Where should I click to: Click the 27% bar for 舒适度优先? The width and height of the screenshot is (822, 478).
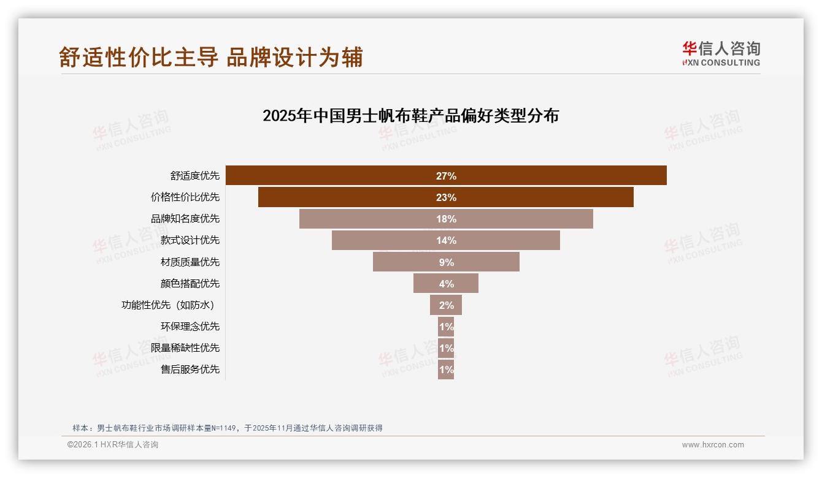(446, 176)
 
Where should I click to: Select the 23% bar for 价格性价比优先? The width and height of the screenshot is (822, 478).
(446, 197)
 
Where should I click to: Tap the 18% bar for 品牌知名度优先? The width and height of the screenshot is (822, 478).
(446, 219)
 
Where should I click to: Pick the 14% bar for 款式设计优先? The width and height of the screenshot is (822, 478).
(446, 240)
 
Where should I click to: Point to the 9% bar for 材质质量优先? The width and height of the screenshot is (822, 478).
(446, 262)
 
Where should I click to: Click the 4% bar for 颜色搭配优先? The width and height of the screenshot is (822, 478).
(446, 284)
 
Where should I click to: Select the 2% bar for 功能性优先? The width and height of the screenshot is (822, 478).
(446, 305)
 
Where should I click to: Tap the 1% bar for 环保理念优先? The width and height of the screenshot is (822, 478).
(446, 327)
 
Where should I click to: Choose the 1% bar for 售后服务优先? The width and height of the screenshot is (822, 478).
(446, 370)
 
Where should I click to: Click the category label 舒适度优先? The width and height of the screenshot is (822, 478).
(194, 176)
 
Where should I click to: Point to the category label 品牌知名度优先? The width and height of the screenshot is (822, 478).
(185, 219)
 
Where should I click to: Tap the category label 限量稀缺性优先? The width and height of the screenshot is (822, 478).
(185, 348)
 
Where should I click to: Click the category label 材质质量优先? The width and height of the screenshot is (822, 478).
(190, 262)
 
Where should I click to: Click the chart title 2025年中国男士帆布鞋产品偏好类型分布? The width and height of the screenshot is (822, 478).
(410, 116)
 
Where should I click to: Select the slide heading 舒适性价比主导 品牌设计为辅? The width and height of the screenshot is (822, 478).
(211, 57)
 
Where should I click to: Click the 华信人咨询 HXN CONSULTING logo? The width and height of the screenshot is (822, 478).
(721, 54)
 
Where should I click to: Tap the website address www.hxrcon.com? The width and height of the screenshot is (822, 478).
(713, 445)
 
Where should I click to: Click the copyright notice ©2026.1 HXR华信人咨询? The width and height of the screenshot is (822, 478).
(113, 445)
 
